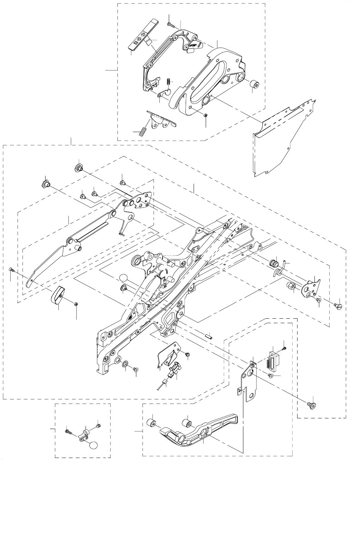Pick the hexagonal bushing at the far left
[x=45, y=183]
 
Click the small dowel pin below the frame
[x=210, y=335]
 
